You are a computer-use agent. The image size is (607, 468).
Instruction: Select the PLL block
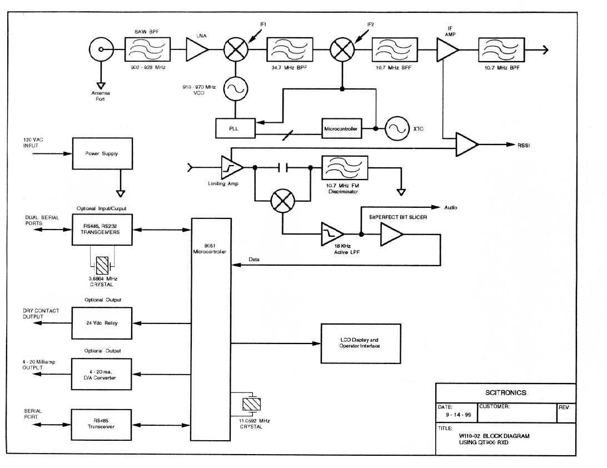[234, 128]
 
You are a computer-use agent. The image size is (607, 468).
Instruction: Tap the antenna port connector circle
[101, 50]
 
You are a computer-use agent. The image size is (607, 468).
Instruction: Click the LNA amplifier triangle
[196, 50]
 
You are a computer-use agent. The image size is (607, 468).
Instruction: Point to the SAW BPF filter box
[147, 50]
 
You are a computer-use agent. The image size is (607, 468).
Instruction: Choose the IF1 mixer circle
[236, 50]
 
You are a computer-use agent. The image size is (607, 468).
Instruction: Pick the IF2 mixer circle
[342, 50]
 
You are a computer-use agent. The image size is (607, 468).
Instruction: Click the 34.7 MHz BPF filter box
[290, 50]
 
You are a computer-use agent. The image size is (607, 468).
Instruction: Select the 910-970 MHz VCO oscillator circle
[236, 88]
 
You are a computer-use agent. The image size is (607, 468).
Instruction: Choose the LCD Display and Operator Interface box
[359, 343]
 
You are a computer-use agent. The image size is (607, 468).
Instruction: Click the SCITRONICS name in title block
[505, 392]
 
